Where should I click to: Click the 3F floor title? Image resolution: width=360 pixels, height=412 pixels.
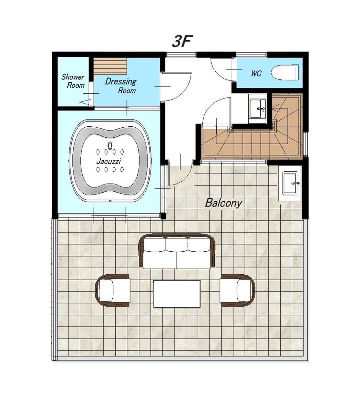point(182,41)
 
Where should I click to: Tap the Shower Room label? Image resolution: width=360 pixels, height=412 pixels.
point(73,81)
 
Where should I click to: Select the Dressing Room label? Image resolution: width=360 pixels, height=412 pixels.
point(121,86)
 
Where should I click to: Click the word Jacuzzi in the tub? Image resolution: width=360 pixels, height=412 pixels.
point(109,161)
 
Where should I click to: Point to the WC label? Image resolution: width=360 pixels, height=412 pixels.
point(256,73)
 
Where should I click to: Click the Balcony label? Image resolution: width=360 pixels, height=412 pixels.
point(223,203)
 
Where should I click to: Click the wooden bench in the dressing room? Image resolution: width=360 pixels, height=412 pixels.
point(110,66)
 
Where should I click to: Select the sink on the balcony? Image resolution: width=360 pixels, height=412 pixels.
point(290,183)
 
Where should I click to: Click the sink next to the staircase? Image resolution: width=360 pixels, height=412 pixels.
point(258,109)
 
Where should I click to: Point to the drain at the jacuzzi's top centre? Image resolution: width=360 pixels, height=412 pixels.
point(110,145)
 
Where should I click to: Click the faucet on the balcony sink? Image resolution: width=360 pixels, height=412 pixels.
point(295,183)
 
